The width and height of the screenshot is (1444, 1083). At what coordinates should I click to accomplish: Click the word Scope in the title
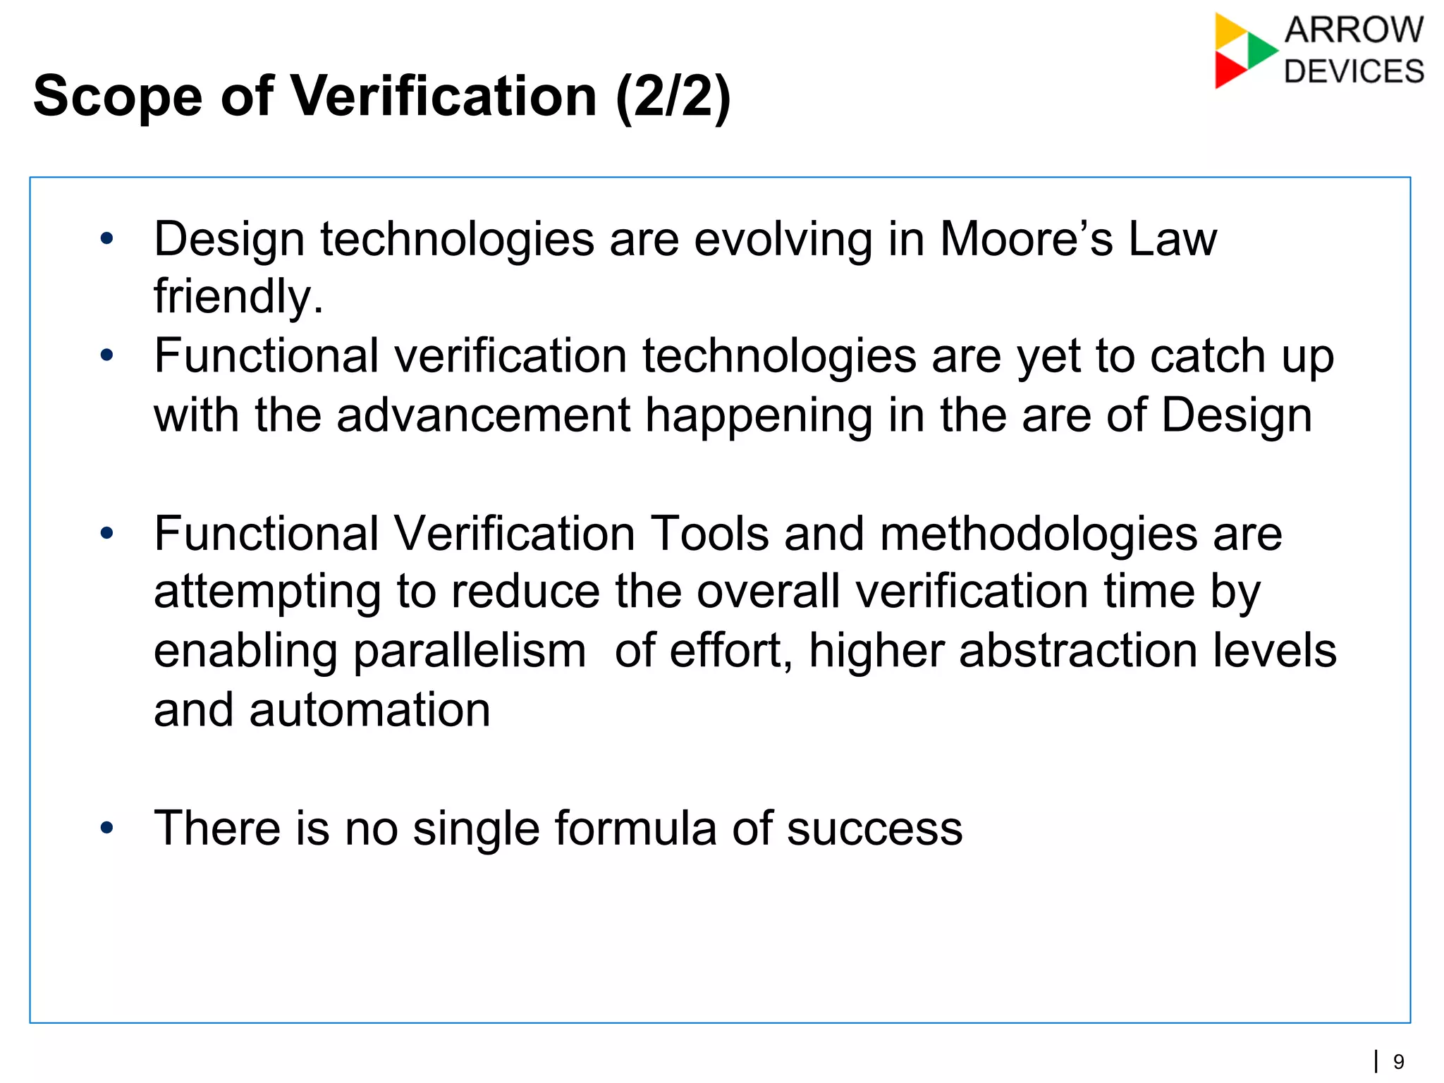point(118,97)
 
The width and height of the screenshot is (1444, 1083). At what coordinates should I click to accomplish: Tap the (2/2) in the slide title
point(673,97)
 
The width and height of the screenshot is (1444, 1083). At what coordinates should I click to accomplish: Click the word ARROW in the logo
point(1354,30)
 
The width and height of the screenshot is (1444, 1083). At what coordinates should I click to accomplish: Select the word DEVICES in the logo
point(1354,72)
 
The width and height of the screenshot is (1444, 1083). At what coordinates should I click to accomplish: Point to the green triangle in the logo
point(1261,50)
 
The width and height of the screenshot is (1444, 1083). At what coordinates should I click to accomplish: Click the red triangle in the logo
point(1228,71)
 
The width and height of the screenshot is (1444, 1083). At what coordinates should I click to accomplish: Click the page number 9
point(1399,1061)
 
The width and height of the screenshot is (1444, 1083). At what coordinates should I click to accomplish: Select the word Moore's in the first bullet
point(1026,239)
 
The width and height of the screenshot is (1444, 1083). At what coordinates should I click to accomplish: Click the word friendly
point(238,296)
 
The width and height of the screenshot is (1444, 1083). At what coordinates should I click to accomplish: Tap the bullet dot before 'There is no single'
point(106,827)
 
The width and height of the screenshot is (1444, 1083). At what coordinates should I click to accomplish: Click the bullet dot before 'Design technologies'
point(106,239)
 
